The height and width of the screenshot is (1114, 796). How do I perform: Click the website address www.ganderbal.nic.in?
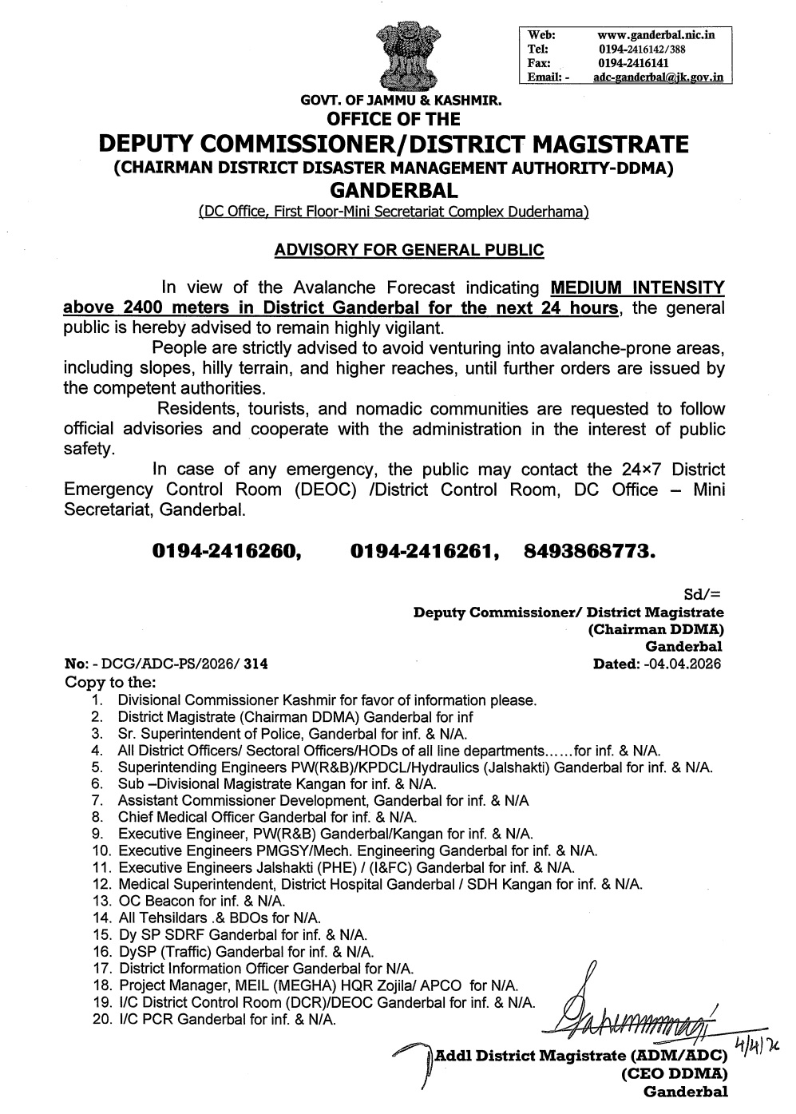pos(655,35)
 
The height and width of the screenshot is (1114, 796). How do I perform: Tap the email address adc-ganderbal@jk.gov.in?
pos(658,77)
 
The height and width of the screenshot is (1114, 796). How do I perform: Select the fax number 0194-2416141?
pos(634,63)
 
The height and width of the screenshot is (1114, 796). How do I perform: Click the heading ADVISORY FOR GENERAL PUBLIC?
pos(409,250)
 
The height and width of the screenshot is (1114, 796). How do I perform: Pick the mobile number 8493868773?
pos(590,551)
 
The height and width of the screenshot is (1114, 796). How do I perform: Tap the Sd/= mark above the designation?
pos(703,595)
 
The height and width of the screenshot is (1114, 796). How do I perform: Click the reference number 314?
pos(256,664)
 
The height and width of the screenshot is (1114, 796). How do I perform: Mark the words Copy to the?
pos(110,682)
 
